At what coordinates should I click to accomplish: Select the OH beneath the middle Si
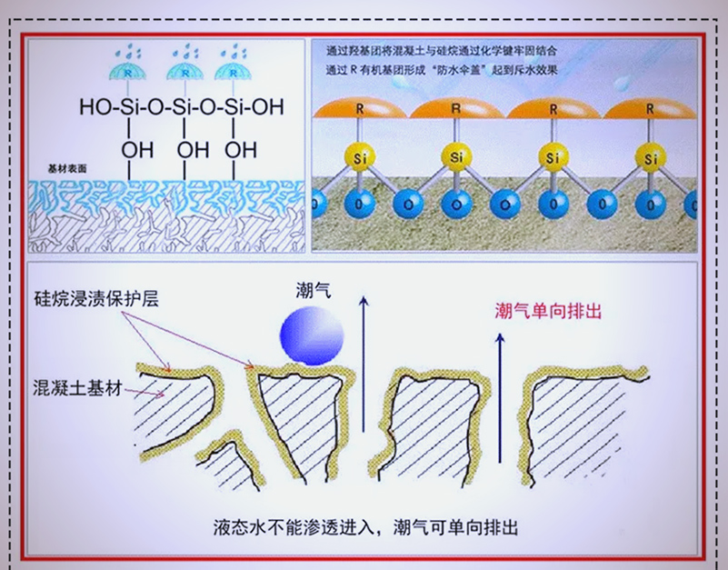pos(192,148)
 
